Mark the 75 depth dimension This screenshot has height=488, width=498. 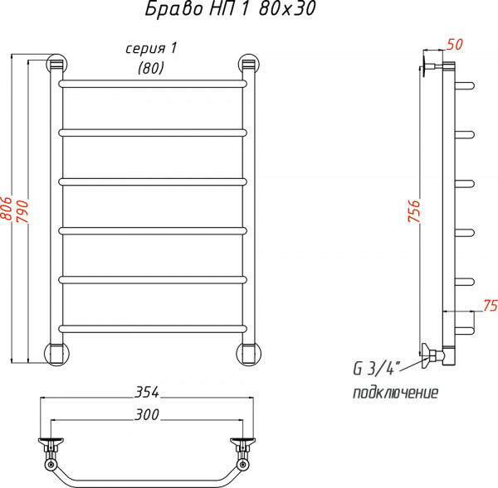pyautogui.click(x=488, y=304)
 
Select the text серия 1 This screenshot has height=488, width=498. pyautogui.click(x=150, y=49)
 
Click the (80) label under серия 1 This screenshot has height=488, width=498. pyautogui.click(x=150, y=69)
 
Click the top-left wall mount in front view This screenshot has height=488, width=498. pyautogui.click(x=56, y=64)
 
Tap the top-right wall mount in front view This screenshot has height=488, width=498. pyautogui.click(x=247, y=64)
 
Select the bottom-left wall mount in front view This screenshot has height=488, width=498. pyautogui.click(x=56, y=352)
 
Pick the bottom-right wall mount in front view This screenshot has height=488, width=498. pyautogui.click(x=247, y=352)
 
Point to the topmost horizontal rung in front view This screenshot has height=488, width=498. pyautogui.click(x=152, y=84)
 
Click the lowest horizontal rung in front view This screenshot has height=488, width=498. pyautogui.click(x=152, y=327)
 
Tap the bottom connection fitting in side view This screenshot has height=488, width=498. pyautogui.click(x=432, y=356)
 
